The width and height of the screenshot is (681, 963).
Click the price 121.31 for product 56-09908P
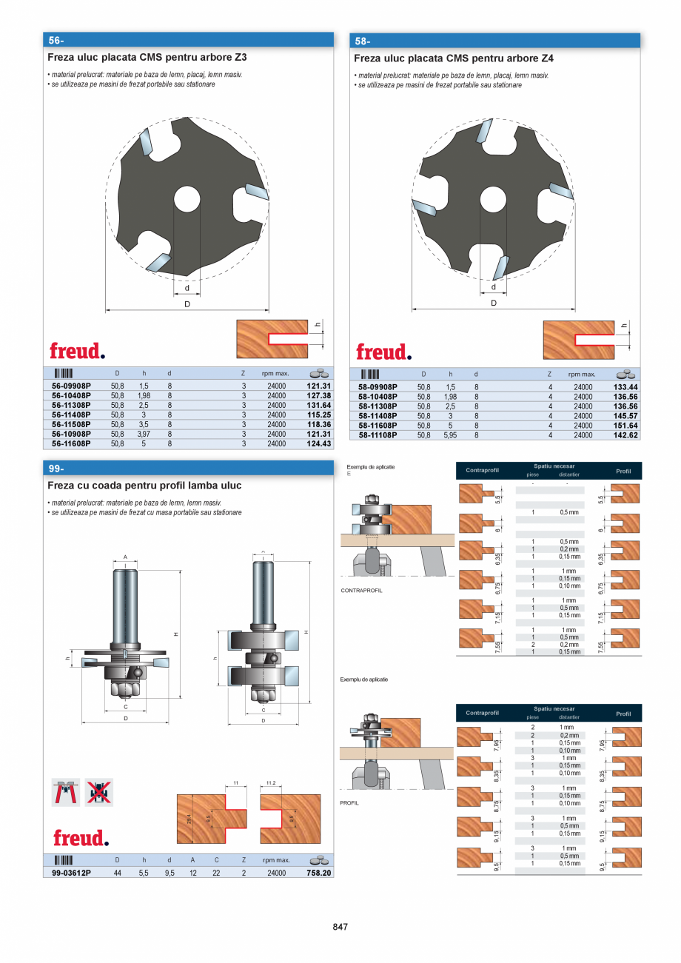tap(319, 386)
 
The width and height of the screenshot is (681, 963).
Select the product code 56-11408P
tap(71, 415)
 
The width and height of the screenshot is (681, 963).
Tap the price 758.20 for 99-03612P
tap(319, 873)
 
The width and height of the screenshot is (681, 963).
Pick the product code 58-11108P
tap(378, 435)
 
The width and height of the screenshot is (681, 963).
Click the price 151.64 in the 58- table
tap(625, 426)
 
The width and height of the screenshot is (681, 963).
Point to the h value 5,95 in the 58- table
tap(451, 435)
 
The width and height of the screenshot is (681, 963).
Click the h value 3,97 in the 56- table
tap(144, 434)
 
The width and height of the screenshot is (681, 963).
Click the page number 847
tap(340, 927)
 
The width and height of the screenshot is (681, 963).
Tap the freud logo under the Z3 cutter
tap(77, 351)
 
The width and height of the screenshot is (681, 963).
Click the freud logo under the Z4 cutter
tap(383, 352)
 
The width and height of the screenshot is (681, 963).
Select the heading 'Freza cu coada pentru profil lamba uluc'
tap(144, 486)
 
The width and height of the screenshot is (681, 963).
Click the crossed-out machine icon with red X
tap(99, 792)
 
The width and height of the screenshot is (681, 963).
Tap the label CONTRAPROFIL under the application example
tap(361, 591)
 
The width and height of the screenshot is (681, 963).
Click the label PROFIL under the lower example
tap(349, 802)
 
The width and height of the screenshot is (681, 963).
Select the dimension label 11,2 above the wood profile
tap(270, 782)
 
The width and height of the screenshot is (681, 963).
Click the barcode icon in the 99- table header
tap(63, 861)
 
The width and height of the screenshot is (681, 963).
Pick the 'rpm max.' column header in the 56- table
tap(275, 374)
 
